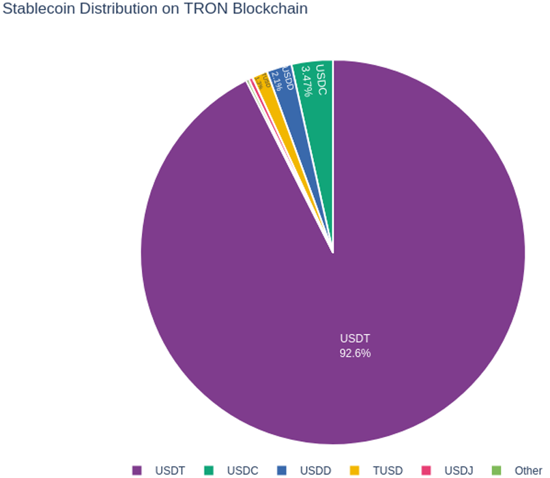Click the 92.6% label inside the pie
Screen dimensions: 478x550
355,353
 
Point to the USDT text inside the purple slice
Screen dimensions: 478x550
355,338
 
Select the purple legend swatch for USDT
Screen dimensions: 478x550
137,470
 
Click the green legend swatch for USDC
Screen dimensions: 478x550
209,470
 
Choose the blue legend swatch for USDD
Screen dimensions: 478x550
282,470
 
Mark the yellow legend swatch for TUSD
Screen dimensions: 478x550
354,470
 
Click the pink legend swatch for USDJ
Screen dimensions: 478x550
426,470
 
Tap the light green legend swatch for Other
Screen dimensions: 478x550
497,470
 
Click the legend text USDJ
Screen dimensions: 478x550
459,470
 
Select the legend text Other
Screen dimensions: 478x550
529,470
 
